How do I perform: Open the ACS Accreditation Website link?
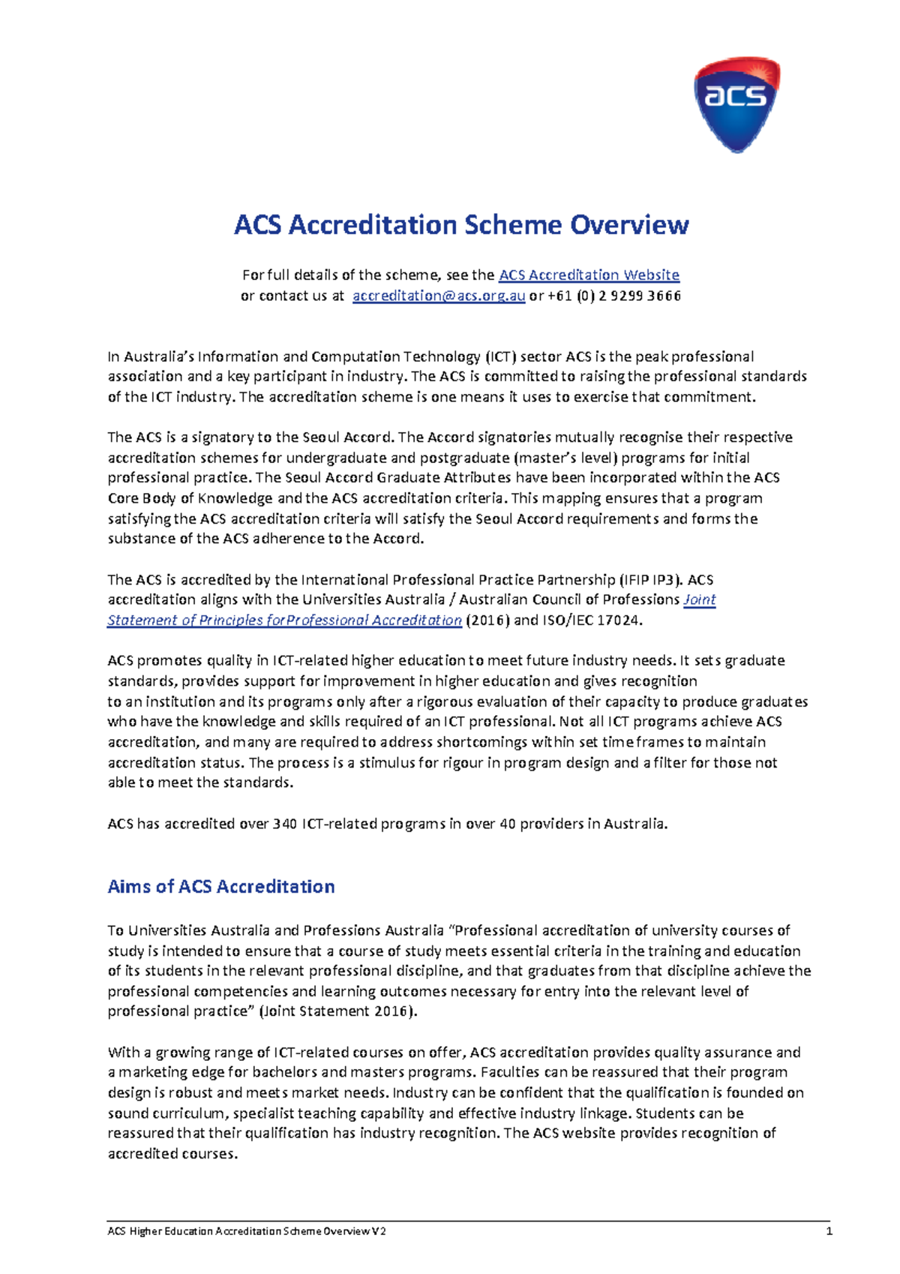point(589,275)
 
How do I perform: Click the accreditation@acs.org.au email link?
point(438,296)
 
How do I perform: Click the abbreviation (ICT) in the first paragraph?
point(500,356)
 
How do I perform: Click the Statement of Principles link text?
point(283,620)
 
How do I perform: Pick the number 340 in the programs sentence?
point(285,824)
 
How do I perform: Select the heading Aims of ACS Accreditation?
point(221,887)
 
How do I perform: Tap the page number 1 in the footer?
point(829,1231)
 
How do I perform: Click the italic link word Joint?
point(700,600)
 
